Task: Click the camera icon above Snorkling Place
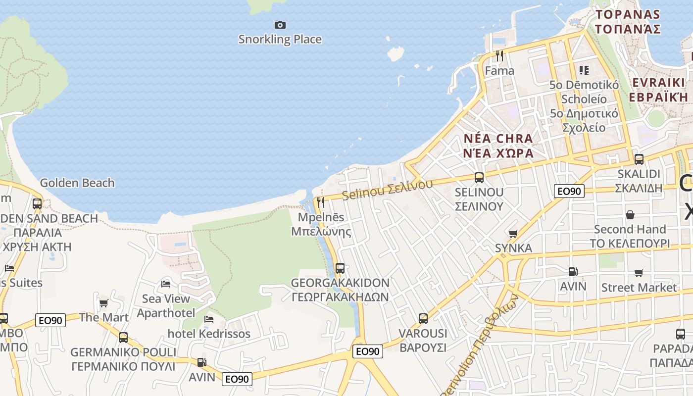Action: coord(280,25)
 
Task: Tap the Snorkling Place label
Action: coord(280,39)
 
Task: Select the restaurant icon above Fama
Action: coord(499,56)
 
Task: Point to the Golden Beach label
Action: coord(77,183)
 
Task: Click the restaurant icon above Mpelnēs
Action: coord(321,202)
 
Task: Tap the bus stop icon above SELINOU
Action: coord(479,177)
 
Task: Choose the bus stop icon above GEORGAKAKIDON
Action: coord(340,268)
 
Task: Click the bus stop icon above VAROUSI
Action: coord(423,318)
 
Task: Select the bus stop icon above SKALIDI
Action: coord(639,159)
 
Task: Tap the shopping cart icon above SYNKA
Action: coord(513,233)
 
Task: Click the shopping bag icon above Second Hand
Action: coord(630,215)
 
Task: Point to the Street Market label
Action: coord(639,288)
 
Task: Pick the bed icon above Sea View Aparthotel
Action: coord(166,284)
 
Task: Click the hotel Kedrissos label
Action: coord(209,334)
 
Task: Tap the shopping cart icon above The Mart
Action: coord(103,303)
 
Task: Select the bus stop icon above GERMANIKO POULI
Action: coord(123,338)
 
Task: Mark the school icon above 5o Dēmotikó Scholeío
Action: coord(584,70)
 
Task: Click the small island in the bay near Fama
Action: coord(396,53)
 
